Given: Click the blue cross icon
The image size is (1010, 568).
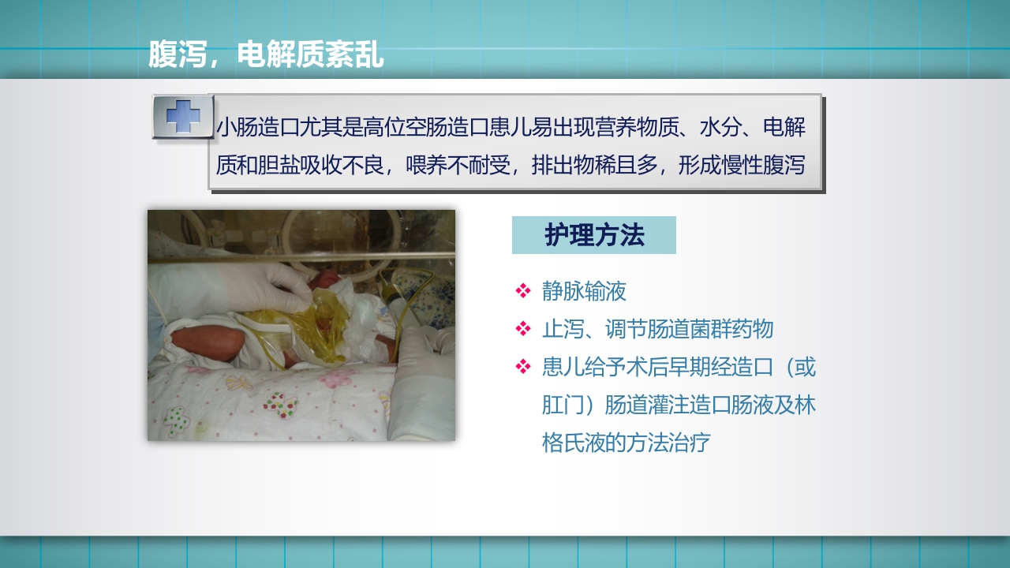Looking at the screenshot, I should click(183, 117).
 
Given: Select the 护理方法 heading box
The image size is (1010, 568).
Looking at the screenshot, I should click(594, 235).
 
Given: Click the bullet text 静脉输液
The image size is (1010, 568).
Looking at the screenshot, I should click(584, 291).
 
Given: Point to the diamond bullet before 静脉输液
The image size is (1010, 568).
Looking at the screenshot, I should click(522, 291).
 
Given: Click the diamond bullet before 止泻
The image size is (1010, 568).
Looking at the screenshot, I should click(522, 328).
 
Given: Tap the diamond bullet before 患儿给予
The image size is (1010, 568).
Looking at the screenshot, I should click(522, 366).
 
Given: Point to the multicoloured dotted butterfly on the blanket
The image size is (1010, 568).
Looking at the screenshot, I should click(280, 405).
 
